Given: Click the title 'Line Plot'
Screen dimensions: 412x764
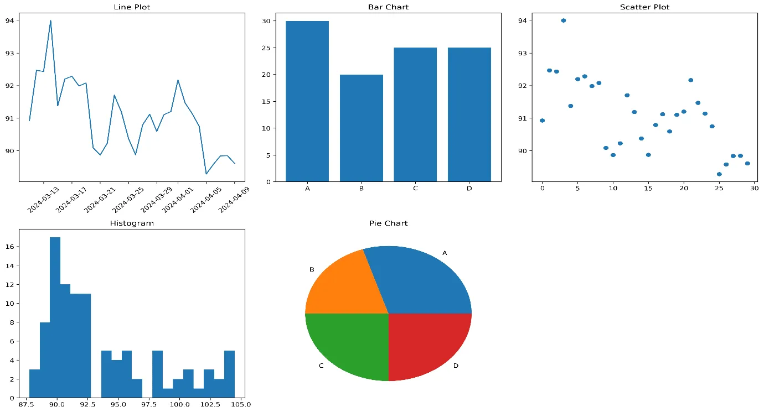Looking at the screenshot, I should tap(132, 7).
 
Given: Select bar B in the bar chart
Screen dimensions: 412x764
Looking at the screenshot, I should tap(361, 128).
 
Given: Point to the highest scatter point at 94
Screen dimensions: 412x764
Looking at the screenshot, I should tap(564, 20).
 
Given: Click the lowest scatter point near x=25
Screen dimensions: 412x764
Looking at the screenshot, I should tap(719, 174).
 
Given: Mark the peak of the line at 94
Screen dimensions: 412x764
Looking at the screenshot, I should tap(50, 20).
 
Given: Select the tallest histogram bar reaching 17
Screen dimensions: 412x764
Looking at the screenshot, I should tap(55, 317).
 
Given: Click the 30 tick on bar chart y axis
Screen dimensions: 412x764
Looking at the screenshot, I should tap(266, 21).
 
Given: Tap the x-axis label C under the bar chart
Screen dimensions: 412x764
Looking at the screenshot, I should tap(415, 189).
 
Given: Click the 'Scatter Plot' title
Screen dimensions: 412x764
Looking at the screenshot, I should tap(644, 7).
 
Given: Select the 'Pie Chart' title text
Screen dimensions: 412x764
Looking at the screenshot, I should tap(388, 223).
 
